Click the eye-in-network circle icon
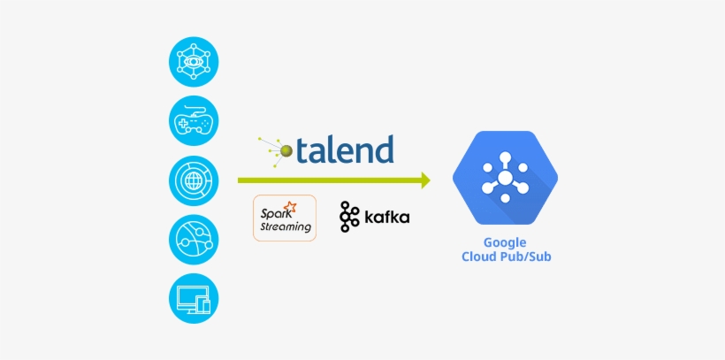click(x=194, y=61)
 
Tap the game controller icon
click(x=194, y=121)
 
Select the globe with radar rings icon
click(x=194, y=180)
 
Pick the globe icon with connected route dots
click(x=194, y=239)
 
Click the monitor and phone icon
click(x=194, y=297)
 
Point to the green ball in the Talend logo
click(x=286, y=149)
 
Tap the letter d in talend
click(x=382, y=148)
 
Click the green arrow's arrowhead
click(x=425, y=180)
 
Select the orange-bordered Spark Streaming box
click(x=285, y=218)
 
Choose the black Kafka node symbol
click(x=349, y=217)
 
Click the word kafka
click(x=386, y=218)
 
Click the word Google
click(x=505, y=242)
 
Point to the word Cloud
click(x=481, y=257)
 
